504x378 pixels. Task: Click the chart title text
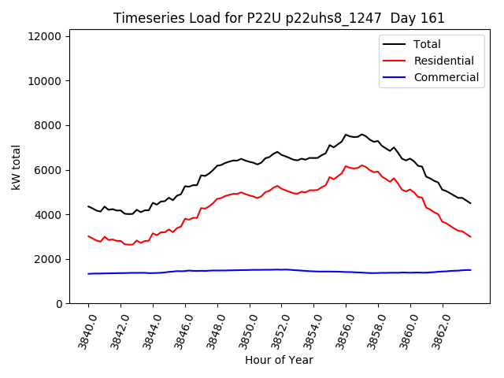tap(279, 18)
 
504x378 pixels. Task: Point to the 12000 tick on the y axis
tap(48, 36)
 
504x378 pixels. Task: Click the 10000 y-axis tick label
tap(48, 81)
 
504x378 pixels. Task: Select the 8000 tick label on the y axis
tap(51, 125)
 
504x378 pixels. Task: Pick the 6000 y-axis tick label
tap(51, 170)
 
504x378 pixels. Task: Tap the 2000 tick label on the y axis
tap(51, 259)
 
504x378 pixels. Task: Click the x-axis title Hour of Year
tap(279, 360)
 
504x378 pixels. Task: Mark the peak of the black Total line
tap(346, 134)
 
